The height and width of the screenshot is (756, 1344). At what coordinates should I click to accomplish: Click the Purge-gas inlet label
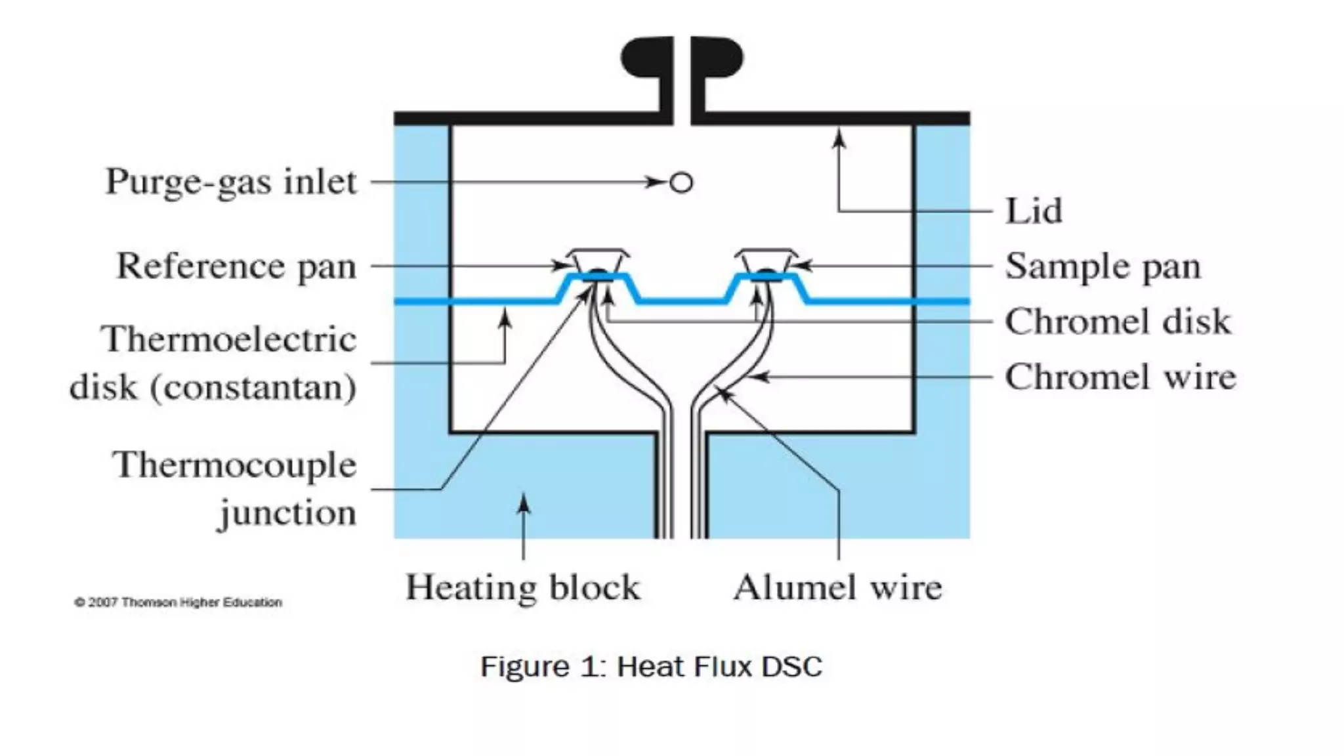coord(231,182)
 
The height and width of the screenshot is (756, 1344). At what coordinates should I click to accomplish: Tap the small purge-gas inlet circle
coord(681,182)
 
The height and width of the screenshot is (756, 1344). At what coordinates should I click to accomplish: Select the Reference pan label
coord(236,266)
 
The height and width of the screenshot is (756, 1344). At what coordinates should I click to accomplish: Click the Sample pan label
coord(1102,266)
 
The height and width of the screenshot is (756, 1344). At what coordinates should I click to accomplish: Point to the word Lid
coord(1034,211)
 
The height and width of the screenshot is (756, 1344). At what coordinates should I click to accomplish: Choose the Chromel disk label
coord(1118,322)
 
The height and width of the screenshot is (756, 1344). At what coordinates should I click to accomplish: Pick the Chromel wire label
coord(1120,377)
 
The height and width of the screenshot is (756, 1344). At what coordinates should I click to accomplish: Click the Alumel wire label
coord(837,587)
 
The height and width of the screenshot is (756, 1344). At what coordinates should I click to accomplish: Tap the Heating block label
coord(522,587)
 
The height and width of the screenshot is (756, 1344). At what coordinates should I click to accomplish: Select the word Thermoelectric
coord(228,340)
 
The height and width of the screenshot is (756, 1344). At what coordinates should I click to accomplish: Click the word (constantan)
coord(253,387)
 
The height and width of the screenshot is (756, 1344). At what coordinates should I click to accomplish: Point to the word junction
coord(287,513)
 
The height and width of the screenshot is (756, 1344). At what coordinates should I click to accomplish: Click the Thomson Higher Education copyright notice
coord(178,602)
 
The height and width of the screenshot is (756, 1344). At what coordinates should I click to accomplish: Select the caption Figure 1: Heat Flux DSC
coord(651,667)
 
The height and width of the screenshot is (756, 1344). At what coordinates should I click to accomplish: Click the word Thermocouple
coord(234,465)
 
